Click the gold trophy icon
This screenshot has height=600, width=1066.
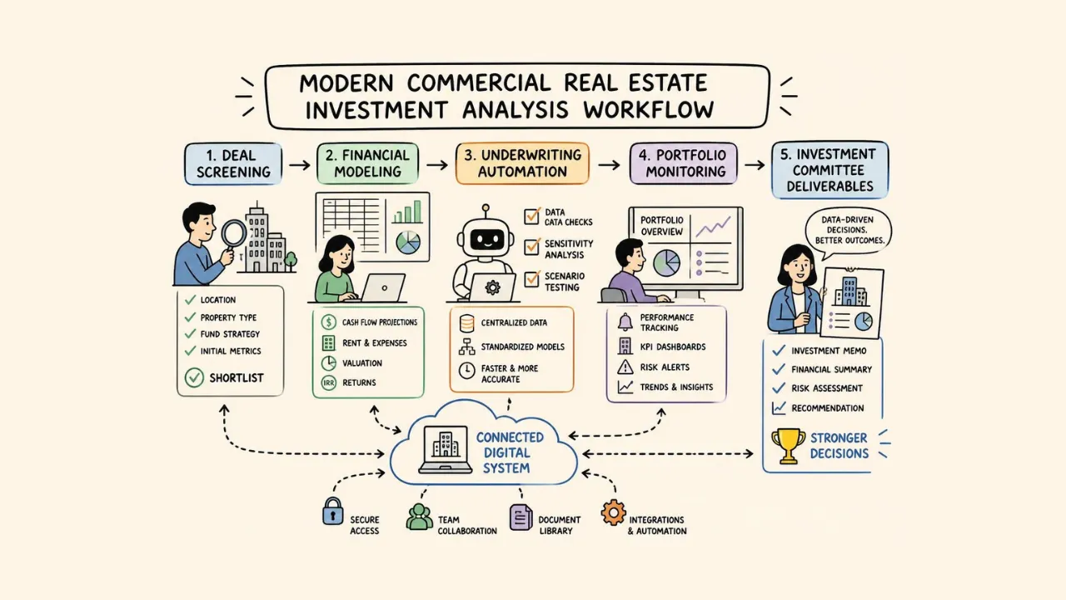click(788, 446)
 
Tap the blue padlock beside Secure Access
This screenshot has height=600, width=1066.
click(332, 512)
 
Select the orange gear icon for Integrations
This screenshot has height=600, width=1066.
click(614, 512)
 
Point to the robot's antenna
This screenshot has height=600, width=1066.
click(486, 212)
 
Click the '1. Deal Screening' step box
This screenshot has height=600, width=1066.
click(233, 164)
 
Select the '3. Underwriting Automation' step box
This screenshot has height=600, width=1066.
click(522, 163)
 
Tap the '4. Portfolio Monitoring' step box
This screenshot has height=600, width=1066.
click(684, 163)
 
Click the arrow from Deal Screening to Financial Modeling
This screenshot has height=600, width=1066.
click(299, 165)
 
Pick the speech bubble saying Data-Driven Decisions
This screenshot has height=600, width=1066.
click(848, 232)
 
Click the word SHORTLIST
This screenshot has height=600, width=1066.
click(237, 378)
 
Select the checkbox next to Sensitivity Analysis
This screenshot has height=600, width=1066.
click(531, 247)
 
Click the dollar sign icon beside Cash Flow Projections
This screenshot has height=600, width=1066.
click(328, 322)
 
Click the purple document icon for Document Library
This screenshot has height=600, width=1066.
click(521, 517)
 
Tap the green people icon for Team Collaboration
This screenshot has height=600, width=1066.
click(419, 517)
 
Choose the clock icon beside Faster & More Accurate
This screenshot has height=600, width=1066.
click(467, 371)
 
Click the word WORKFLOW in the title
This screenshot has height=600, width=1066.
click(649, 110)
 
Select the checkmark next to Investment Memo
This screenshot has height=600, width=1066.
click(779, 351)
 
